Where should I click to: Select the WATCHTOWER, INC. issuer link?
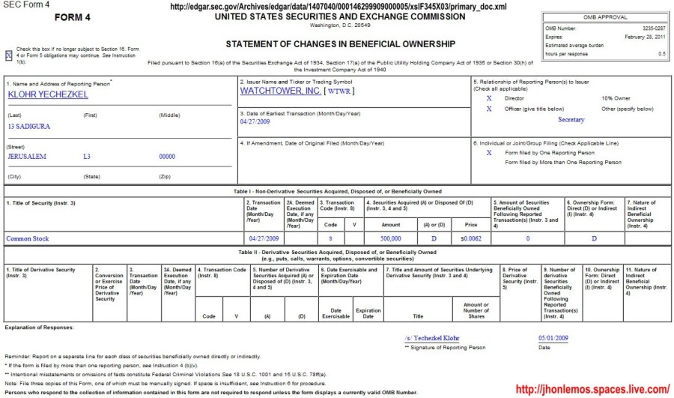point(280,91)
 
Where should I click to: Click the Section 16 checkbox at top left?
point(9,55)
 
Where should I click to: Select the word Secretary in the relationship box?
point(571,120)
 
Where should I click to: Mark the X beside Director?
point(489,97)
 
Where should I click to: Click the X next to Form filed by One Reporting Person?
point(489,152)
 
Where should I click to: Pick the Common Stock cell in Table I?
point(28,238)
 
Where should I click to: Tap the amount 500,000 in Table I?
point(390,238)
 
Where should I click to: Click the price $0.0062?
point(470,238)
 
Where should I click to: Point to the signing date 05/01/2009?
point(553,338)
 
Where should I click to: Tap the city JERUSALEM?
point(27,157)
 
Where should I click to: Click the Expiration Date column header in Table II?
point(368,313)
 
